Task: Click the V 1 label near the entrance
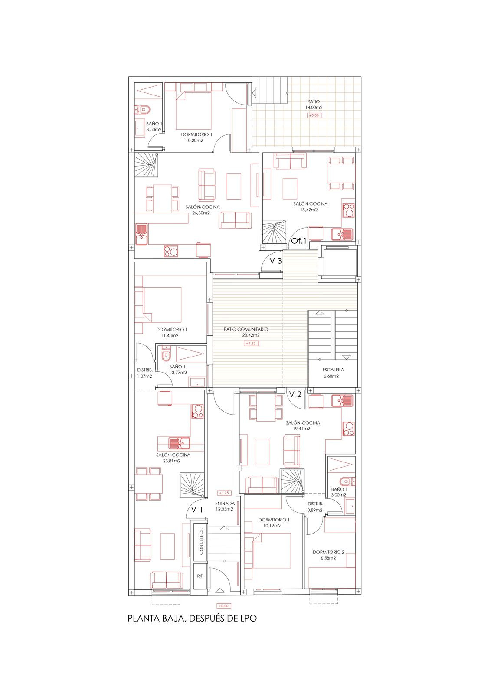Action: coord(197,510)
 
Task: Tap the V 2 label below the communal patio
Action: coord(295,394)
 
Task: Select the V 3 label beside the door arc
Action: coord(276,261)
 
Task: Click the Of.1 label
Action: coord(298,240)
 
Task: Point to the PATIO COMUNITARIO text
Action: coord(246,329)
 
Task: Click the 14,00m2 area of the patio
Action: coord(314,108)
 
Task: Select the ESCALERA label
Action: coord(333,370)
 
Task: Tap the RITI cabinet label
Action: coord(200,576)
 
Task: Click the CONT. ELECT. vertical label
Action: coord(201,542)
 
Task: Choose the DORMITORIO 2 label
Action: coord(328,552)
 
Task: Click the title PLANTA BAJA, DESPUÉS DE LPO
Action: coord(192,619)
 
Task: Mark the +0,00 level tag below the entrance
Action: coord(223,606)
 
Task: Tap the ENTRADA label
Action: coord(225,504)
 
